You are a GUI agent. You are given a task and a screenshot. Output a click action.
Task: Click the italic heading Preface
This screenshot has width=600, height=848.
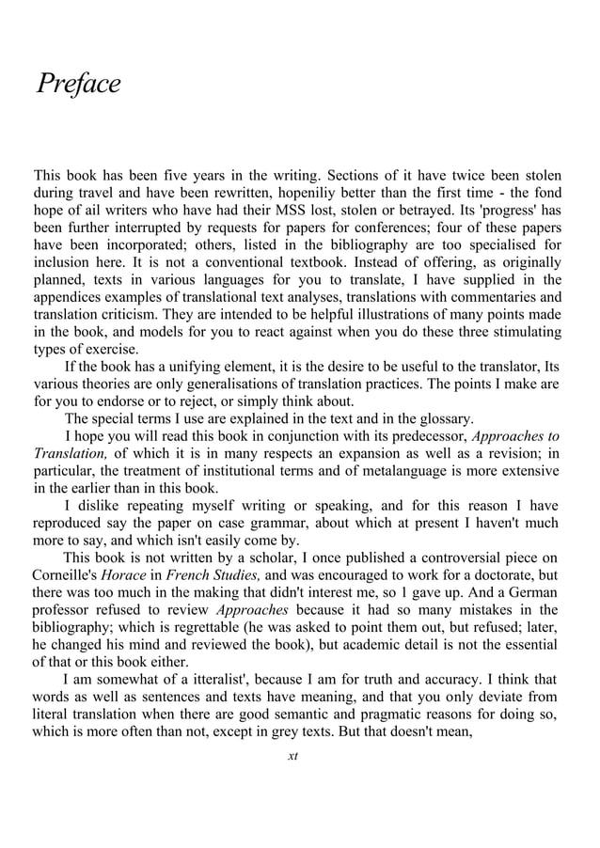78,85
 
